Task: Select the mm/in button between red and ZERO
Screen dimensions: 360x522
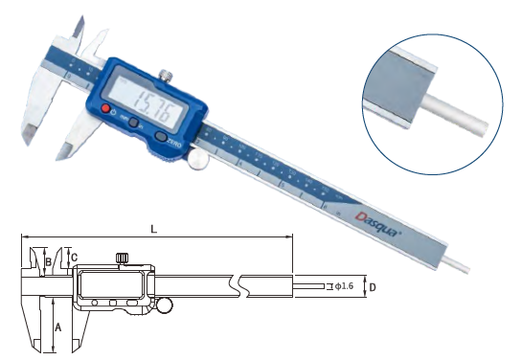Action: click(x=135, y=125)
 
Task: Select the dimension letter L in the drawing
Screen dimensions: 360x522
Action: click(x=154, y=228)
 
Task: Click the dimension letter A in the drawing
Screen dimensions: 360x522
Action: click(x=59, y=326)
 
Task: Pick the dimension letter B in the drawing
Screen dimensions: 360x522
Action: click(x=47, y=260)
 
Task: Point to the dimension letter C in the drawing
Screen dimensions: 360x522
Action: click(x=74, y=257)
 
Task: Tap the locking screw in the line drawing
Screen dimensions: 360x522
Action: click(x=122, y=258)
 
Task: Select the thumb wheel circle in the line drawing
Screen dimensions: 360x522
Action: click(x=165, y=306)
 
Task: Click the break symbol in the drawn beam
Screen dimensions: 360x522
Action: click(x=237, y=285)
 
